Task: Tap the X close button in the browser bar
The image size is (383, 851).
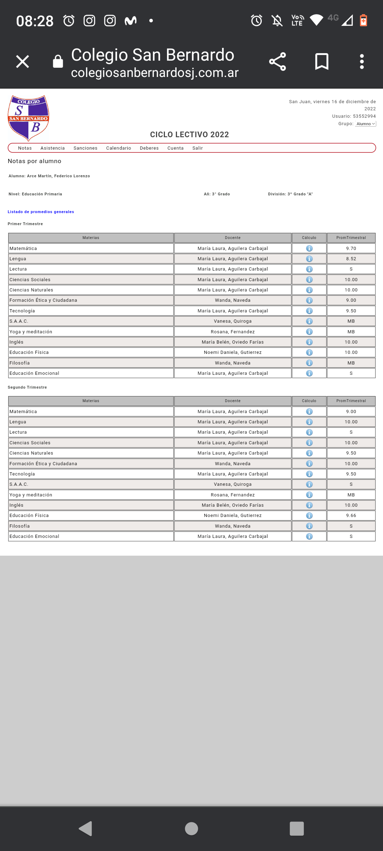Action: coord(23,62)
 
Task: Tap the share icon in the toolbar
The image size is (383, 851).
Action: coord(277,62)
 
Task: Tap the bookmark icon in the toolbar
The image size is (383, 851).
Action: coord(322,62)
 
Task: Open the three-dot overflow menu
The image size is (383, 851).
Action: coord(362,62)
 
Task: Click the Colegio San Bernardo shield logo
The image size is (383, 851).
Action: coord(28,118)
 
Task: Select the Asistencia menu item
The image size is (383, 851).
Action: coord(52,148)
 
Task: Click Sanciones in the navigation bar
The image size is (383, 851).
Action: coord(85,148)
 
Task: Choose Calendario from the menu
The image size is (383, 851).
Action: coord(118,148)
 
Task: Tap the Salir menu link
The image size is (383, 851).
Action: coord(198,148)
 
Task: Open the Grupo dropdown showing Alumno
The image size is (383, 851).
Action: coord(366,124)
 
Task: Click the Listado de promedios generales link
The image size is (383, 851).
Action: coord(41,212)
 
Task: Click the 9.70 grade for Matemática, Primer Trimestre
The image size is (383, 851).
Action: coord(351,249)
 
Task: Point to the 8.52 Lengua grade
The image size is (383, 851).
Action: coord(351,259)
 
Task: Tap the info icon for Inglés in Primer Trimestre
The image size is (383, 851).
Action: coord(309,342)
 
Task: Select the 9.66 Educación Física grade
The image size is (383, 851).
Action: coord(351,516)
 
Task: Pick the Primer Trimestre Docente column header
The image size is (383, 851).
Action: coord(233,238)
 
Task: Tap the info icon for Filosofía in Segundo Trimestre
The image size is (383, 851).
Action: coord(309,526)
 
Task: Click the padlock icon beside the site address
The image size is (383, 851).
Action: coord(58,62)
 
